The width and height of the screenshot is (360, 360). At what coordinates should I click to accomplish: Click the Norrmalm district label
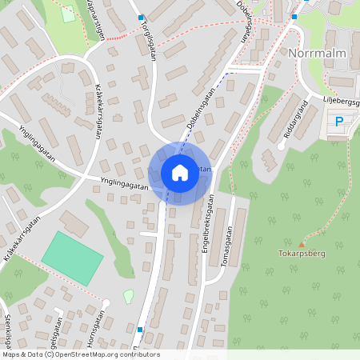[x=315, y=54]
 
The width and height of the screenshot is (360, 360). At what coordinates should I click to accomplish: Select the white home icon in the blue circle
[x=179, y=173]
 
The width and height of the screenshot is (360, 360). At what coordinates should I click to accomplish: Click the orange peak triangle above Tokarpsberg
[x=302, y=244]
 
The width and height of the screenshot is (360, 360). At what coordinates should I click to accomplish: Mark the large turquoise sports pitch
[x=73, y=254]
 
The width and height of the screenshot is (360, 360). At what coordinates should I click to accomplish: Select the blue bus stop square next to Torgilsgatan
[x=142, y=18]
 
